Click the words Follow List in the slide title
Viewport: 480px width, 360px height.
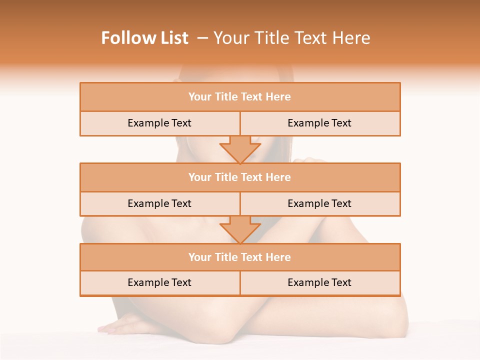pyautogui.click(x=144, y=38)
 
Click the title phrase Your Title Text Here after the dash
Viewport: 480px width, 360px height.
pyautogui.click(x=291, y=38)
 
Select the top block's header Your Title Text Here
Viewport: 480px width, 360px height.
pyautogui.click(x=239, y=97)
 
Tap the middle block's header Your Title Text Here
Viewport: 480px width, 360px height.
pyautogui.click(x=239, y=177)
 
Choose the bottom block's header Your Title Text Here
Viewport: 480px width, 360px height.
pyautogui.click(x=239, y=257)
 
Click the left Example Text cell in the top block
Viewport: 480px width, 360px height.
pyautogui.click(x=159, y=123)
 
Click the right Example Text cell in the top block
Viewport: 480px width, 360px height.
pyautogui.click(x=319, y=123)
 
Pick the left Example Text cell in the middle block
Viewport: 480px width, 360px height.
pyautogui.click(x=159, y=203)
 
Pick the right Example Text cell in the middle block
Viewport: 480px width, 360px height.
pyautogui.click(x=319, y=203)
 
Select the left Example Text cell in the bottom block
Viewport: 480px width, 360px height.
pyautogui.click(x=159, y=282)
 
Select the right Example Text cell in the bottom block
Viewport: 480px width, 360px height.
pyautogui.click(x=319, y=282)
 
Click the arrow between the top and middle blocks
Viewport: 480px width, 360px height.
pyautogui.click(x=240, y=149)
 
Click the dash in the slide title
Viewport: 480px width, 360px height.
pyautogui.click(x=202, y=38)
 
